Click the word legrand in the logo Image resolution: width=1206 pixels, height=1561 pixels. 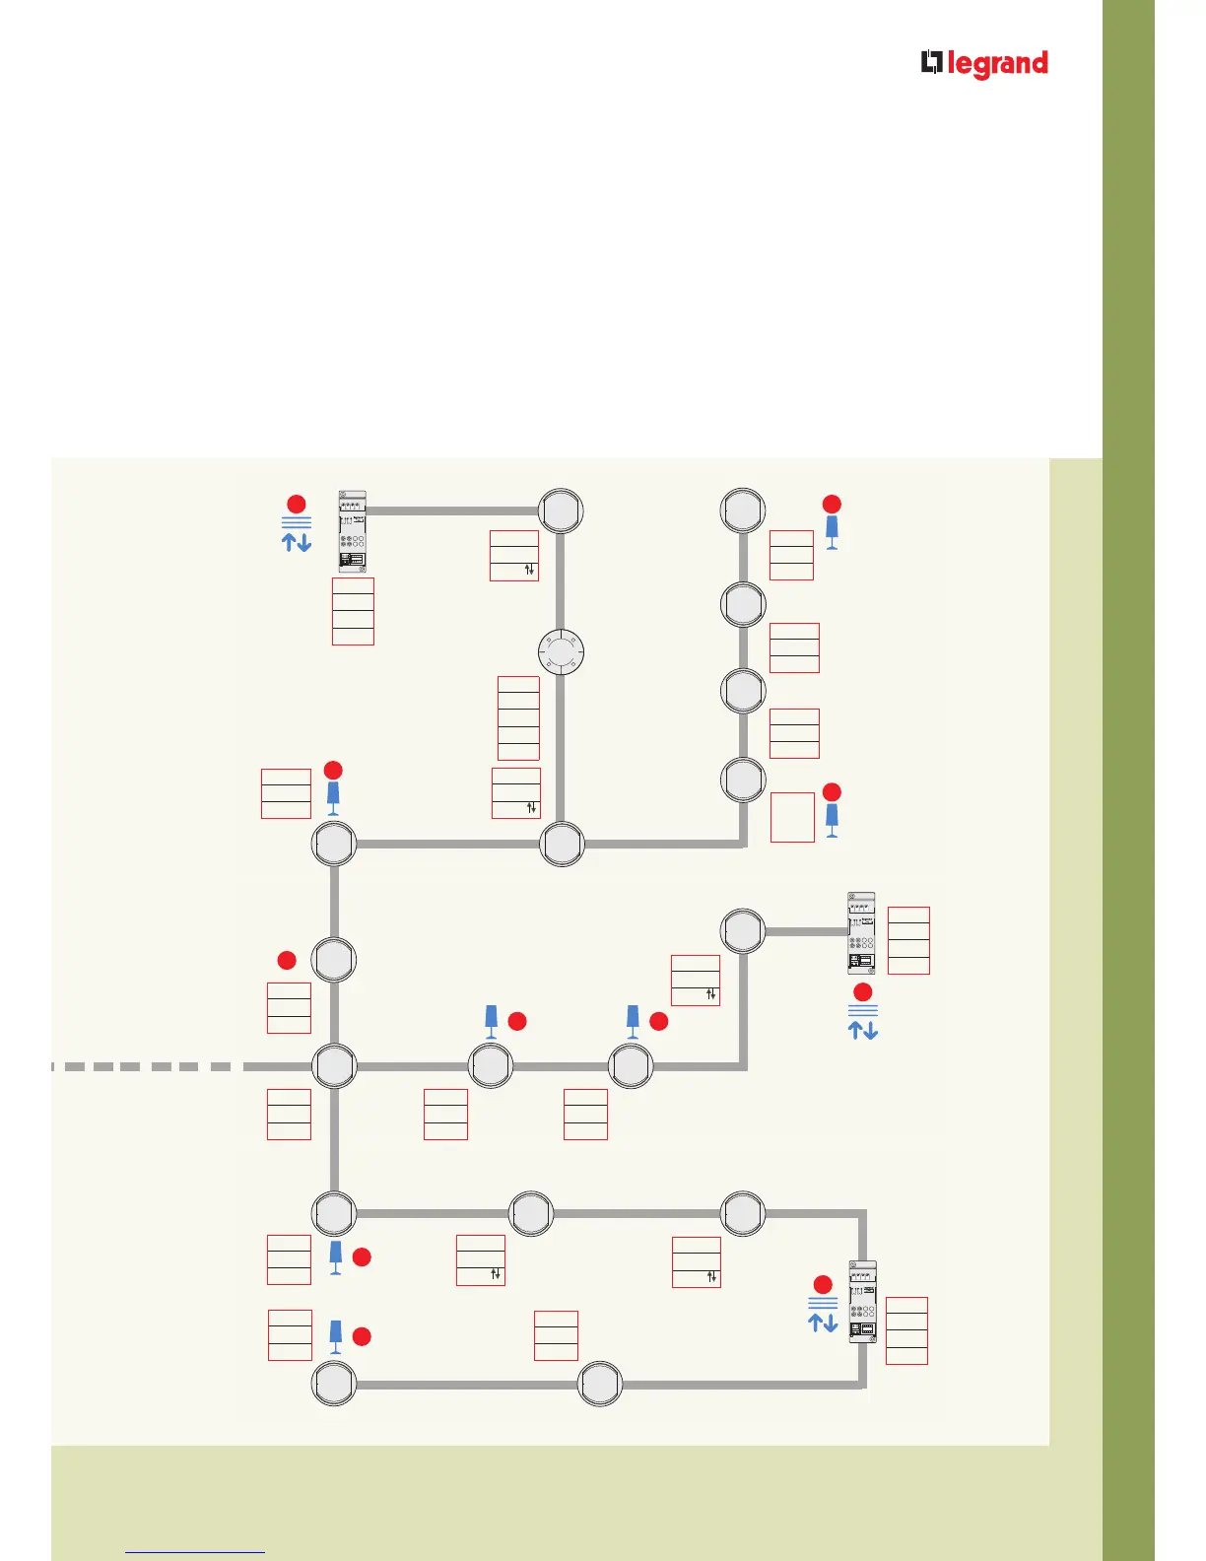997,65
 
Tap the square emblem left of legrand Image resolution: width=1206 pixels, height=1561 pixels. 931,63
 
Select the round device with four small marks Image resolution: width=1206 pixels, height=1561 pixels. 561,651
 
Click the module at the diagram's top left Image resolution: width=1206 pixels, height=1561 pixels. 352,531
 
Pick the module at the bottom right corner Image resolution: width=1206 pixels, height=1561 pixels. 862,1301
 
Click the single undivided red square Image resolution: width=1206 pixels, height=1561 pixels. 792,817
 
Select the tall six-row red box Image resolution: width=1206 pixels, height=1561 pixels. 518,717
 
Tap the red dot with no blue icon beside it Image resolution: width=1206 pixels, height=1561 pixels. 287,960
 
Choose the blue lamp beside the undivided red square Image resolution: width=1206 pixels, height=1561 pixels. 832,820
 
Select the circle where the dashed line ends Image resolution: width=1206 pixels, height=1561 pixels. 334,1066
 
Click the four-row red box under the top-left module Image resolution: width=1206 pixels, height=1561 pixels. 353,612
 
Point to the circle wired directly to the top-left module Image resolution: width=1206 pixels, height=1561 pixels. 561,511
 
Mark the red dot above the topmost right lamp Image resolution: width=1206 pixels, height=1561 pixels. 832,504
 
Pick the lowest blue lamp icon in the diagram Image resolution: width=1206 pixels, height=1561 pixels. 335,1337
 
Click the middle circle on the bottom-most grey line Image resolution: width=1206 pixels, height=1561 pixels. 600,1385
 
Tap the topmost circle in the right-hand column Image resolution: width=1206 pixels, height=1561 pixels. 743,510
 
